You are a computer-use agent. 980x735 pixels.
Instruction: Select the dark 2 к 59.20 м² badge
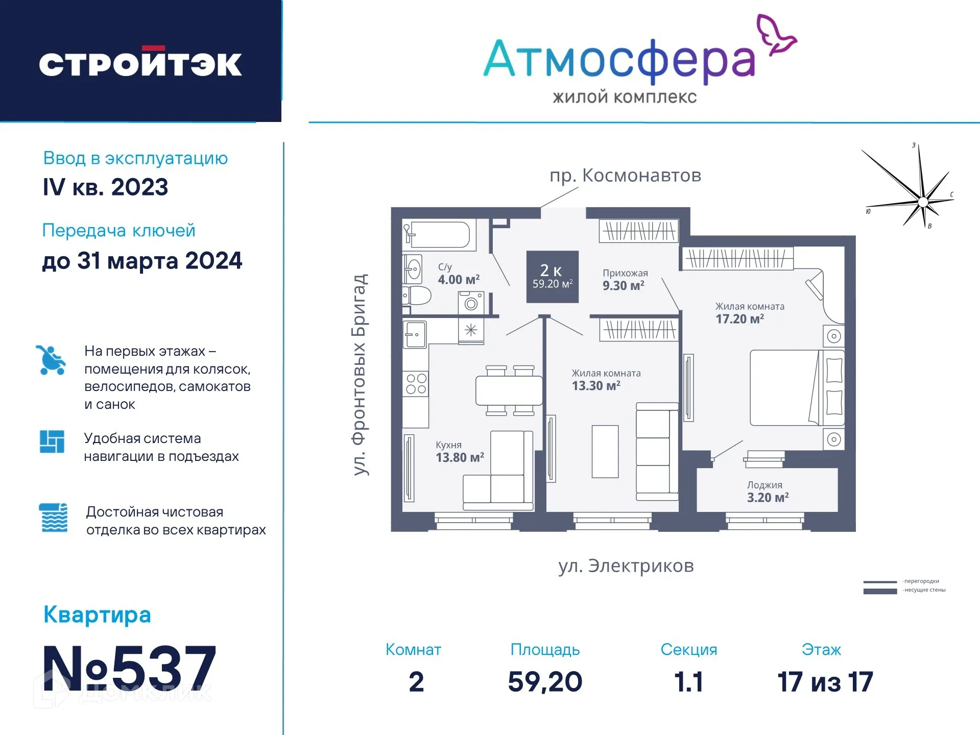(x=553, y=277)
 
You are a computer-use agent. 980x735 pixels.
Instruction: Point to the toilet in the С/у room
(x=417, y=296)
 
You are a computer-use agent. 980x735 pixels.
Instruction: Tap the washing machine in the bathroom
(x=471, y=303)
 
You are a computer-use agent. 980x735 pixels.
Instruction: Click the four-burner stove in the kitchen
(x=416, y=384)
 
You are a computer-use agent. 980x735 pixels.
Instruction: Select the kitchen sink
(x=415, y=334)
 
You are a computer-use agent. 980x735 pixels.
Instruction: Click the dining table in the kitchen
(x=509, y=390)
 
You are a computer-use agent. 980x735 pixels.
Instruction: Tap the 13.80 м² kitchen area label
(x=459, y=457)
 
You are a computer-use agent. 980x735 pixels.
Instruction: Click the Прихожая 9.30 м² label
(x=624, y=280)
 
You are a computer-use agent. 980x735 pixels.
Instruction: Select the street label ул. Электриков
(x=626, y=566)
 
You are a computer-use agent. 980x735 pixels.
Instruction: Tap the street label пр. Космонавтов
(x=625, y=176)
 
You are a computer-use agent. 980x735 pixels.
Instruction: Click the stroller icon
(x=51, y=360)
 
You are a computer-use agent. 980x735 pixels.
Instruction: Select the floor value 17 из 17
(x=825, y=682)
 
